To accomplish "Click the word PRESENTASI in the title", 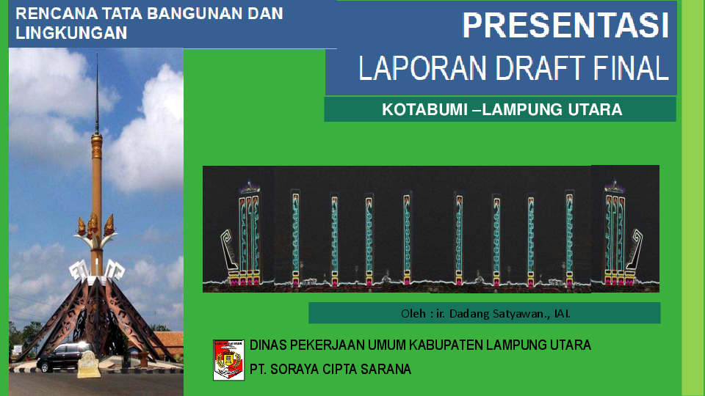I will pos(565,26).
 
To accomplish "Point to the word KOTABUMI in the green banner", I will pos(424,110).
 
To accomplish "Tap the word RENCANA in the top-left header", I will pos(51,14).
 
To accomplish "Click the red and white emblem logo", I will pos(228,359).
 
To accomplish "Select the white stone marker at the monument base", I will pos(88,364).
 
